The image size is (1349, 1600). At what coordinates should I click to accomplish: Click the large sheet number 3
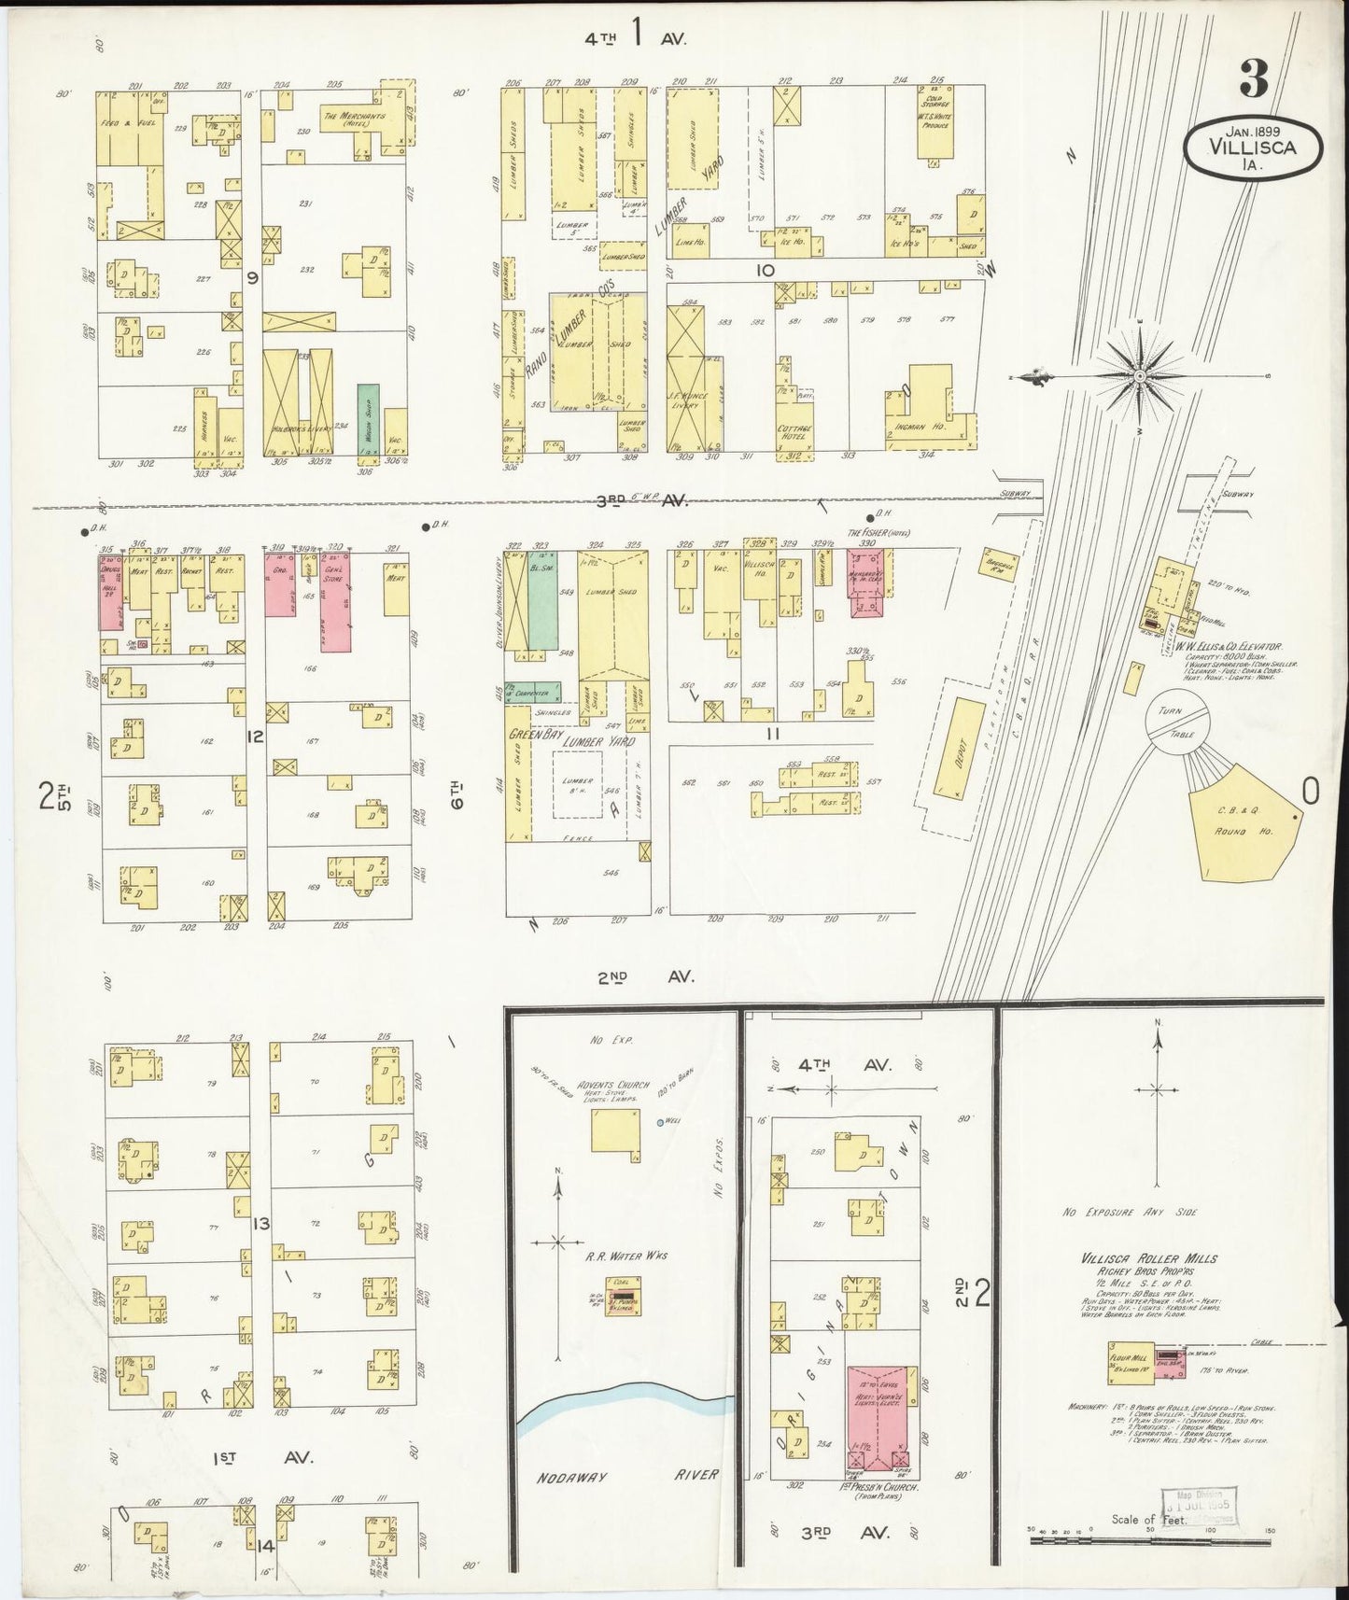pyautogui.click(x=1253, y=82)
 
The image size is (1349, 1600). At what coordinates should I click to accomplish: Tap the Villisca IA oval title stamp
pyautogui.click(x=1253, y=148)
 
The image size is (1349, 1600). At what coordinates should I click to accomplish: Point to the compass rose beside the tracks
pyautogui.click(x=1140, y=375)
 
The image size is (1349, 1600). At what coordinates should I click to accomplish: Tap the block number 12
pyautogui.click(x=254, y=737)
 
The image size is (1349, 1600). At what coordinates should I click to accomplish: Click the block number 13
pyautogui.click(x=260, y=1224)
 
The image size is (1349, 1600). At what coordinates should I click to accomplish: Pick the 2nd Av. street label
pyautogui.click(x=644, y=976)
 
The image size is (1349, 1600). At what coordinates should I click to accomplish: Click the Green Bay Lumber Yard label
pyautogui.click(x=570, y=740)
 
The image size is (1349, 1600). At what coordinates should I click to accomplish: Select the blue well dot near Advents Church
pyautogui.click(x=660, y=1122)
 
